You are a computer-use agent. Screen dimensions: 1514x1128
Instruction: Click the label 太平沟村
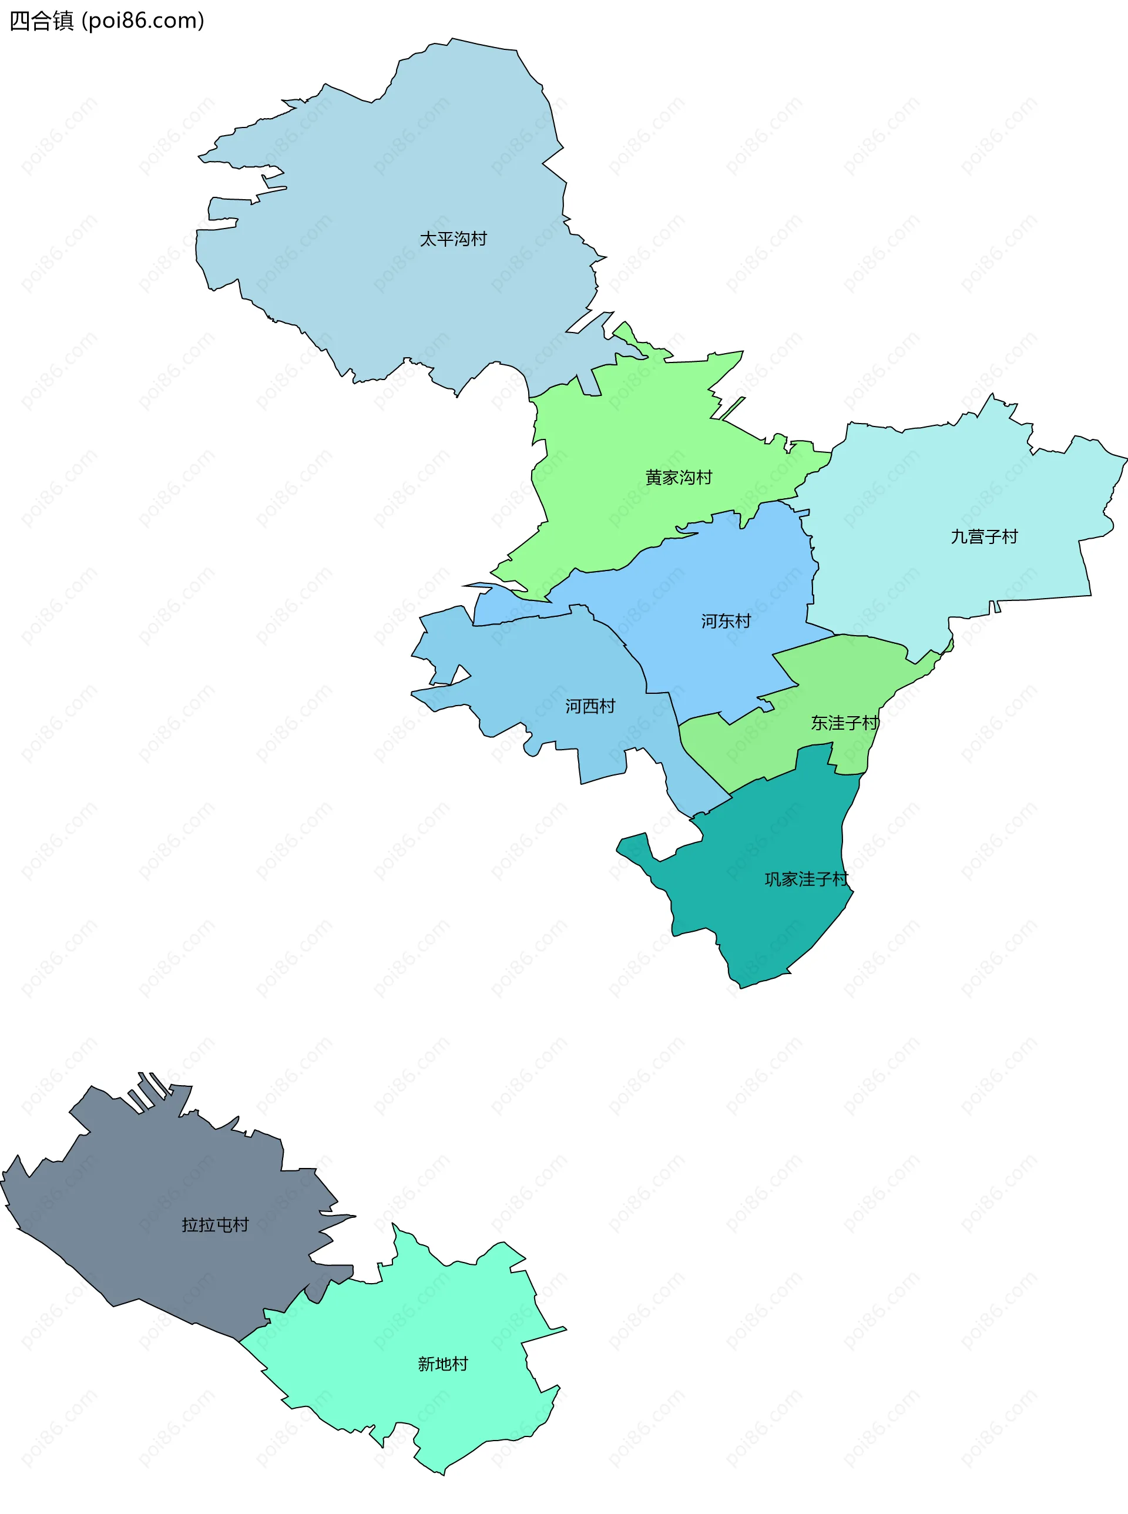(453, 239)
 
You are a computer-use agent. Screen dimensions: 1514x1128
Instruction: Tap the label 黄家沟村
(679, 478)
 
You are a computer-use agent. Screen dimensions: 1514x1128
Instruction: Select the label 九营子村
(984, 537)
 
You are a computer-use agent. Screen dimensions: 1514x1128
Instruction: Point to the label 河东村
(726, 621)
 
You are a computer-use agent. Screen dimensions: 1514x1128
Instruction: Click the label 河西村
(590, 706)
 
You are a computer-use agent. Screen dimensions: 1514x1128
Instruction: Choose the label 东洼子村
(845, 723)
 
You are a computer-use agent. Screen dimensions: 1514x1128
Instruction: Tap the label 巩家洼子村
(805, 879)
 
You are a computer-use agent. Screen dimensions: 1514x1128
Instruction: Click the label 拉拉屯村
(215, 1224)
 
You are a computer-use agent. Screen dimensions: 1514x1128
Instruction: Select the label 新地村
(442, 1364)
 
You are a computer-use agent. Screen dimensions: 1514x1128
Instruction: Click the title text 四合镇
(41, 21)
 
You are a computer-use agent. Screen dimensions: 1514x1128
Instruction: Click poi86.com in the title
(143, 21)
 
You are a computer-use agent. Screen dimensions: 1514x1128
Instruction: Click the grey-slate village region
(157, 1174)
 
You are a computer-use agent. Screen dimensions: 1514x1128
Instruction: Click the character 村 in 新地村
(459, 1364)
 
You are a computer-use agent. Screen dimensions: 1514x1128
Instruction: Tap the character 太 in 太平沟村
(428, 239)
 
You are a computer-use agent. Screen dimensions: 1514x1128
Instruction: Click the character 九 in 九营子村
(959, 537)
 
